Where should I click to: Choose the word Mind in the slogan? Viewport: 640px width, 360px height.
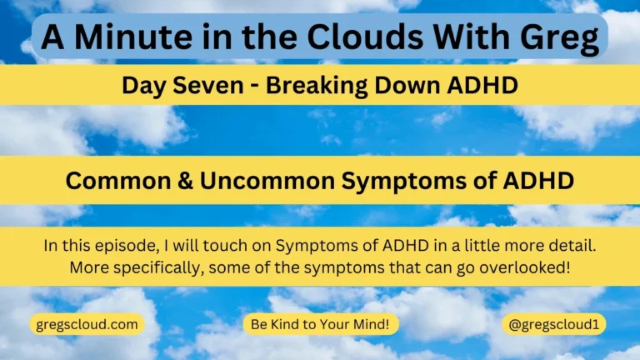point(372,324)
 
